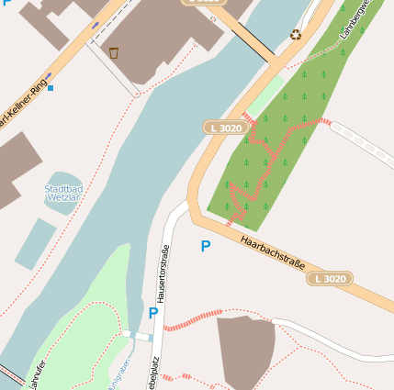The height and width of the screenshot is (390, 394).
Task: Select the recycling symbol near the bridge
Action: point(296,35)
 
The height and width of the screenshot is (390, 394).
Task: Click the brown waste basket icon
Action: point(114,52)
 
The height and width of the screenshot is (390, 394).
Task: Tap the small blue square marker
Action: point(51,88)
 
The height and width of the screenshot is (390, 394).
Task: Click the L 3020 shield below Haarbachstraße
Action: point(330,278)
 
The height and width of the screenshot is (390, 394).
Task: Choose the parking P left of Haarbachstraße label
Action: point(205,246)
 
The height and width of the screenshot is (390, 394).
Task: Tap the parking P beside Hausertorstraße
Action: point(152,313)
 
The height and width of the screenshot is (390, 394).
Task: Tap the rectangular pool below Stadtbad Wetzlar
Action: point(35,244)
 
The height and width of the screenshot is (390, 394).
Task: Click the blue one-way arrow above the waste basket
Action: point(96,25)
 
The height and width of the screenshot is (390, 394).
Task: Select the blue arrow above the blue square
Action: point(48,77)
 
